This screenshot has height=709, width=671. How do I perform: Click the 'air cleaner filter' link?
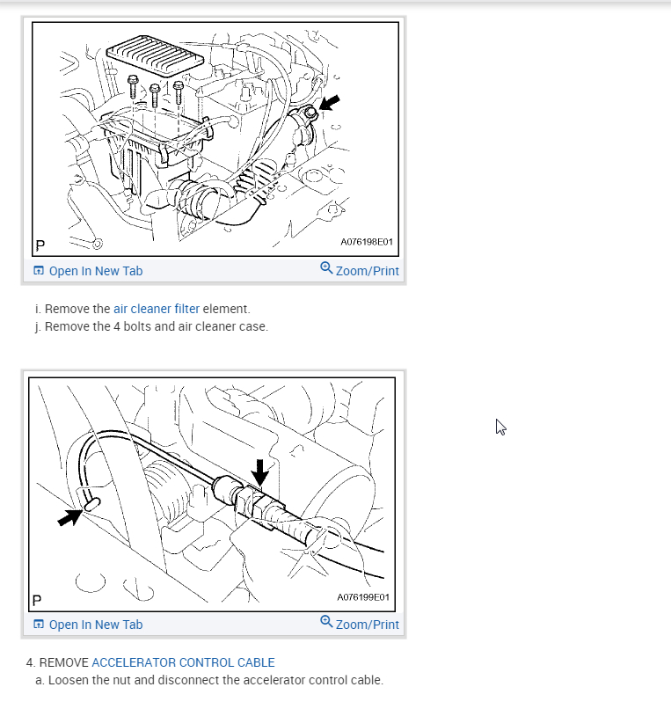coord(156,309)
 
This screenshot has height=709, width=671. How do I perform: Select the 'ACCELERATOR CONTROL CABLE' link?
coord(183,662)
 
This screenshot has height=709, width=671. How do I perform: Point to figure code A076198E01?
coord(367,242)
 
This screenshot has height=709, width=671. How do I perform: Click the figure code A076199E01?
coord(363,597)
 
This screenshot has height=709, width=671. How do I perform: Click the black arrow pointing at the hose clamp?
coord(329,103)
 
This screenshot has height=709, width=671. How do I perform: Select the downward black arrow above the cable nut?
coord(259,473)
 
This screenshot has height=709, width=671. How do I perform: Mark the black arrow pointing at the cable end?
coord(69,517)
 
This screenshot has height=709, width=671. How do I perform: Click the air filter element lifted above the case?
coord(155,55)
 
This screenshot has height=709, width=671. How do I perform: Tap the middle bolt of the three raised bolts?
coord(155,94)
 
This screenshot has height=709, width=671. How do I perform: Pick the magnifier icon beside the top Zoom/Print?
coord(326,267)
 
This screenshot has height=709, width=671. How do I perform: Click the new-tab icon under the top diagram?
coord(39,270)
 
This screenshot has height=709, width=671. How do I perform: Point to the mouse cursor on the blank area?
coord(500,427)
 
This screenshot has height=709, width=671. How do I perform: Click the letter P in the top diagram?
coord(40,245)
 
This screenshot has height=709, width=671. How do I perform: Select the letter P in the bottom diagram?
coord(37,601)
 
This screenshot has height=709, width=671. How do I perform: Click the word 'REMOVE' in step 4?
coord(63,662)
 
